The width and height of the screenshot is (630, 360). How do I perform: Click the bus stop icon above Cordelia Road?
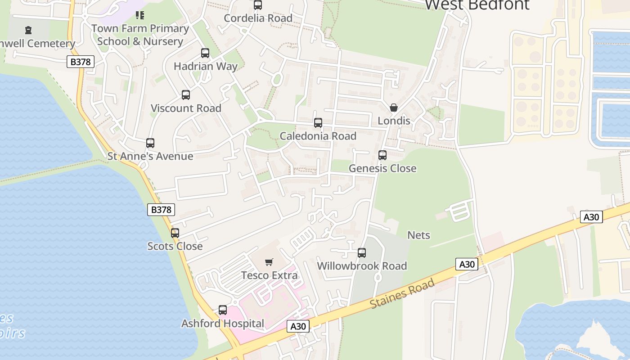point(258,5)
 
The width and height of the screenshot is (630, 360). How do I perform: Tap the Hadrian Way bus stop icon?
point(205,53)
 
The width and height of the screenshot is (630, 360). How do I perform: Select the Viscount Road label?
point(186,108)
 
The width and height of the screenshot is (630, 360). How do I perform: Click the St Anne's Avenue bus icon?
point(150,143)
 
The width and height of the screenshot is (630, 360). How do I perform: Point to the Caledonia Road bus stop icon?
point(318,123)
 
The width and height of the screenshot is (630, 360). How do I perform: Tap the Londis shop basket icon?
point(394,108)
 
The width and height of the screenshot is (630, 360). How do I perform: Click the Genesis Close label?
point(382,168)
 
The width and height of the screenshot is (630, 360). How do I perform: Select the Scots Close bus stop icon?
point(175,233)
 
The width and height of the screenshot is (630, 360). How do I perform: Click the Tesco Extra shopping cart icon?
point(269,262)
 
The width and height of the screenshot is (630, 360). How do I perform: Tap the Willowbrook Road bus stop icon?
point(362,253)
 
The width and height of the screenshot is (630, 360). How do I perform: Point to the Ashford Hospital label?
point(223,323)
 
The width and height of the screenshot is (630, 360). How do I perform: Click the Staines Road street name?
point(402,293)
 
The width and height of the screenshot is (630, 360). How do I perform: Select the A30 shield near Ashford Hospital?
point(298,326)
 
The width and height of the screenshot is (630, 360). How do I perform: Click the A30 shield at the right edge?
point(591,217)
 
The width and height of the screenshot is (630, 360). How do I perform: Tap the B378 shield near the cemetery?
point(81,62)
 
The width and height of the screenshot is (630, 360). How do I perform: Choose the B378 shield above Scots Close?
point(161,209)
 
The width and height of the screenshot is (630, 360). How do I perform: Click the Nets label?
point(418,235)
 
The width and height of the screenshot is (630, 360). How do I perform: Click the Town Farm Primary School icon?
point(140,15)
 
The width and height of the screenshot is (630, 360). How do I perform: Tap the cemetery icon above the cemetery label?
point(29,30)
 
